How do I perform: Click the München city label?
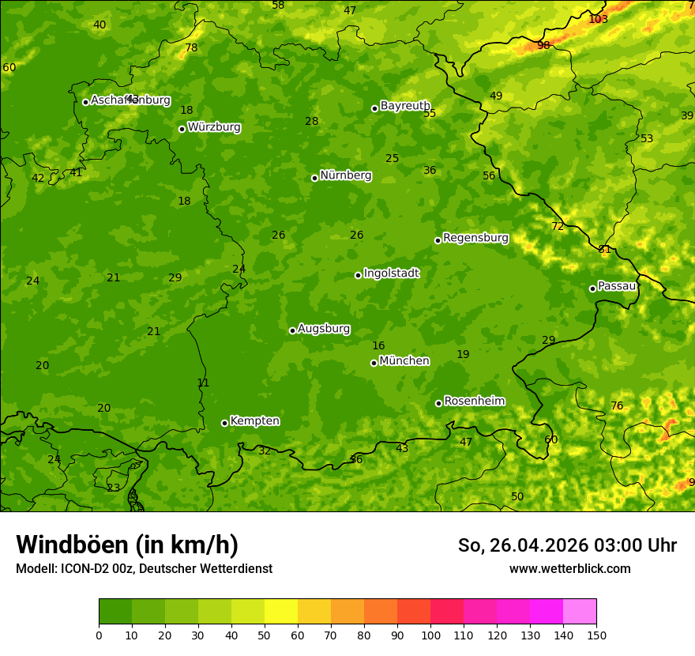[404, 361]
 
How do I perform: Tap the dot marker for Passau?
[592, 288]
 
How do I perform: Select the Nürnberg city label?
[345, 175]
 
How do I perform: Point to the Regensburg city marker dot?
[438, 240]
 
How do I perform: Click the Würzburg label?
[214, 127]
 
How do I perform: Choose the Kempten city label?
[254, 421]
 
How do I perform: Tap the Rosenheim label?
[474, 402]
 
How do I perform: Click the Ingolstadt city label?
[391, 273]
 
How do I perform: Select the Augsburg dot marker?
[292, 330]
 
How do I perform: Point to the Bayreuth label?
[404, 106]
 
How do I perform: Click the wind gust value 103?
[599, 19]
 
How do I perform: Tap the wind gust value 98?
[543, 45]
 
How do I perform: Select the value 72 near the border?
[558, 226]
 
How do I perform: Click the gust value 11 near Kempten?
[203, 383]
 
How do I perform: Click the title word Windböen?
[71, 545]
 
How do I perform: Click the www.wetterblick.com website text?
[569, 568]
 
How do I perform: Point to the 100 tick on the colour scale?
[430, 635]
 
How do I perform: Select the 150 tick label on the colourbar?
[596, 635]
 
